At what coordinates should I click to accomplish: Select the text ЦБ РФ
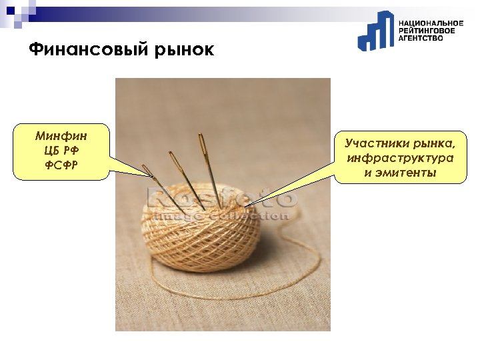[x=61, y=151]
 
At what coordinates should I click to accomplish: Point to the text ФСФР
[x=61, y=165]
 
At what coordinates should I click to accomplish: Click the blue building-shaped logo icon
[x=375, y=31]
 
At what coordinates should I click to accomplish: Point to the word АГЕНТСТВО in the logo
[x=421, y=39]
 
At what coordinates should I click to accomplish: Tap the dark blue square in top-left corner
[x=9, y=9]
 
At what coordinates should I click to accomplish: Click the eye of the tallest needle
[x=201, y=140]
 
